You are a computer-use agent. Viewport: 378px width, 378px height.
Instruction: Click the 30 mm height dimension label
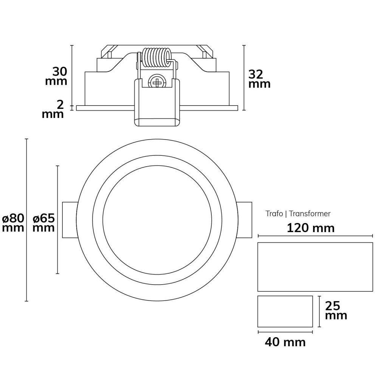point(56,76)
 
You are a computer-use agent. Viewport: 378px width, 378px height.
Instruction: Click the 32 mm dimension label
point(259,79)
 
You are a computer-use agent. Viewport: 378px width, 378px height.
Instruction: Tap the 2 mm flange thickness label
point(53,109)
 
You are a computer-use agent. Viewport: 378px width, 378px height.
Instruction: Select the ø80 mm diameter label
point(13,223)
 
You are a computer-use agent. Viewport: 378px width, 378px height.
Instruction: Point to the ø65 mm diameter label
point(43,223)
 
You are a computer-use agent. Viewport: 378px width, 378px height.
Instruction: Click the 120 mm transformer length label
point(311,228)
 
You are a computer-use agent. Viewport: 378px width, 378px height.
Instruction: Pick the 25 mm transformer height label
point(336,310)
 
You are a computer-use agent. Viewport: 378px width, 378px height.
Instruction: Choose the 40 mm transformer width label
point(285,342)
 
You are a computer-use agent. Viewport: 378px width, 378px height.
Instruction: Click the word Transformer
point(310,214)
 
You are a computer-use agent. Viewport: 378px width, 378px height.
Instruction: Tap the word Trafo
point(274,214)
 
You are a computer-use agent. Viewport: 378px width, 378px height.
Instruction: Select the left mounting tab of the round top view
point(70,220)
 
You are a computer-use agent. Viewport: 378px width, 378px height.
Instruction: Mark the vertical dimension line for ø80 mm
point(26,220)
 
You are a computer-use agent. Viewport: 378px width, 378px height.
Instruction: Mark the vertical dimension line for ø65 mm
point(57,220)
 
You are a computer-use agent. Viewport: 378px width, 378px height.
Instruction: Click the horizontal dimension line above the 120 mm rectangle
point(315,236)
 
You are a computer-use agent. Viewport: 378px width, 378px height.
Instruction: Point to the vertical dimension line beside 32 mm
point(244,77)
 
